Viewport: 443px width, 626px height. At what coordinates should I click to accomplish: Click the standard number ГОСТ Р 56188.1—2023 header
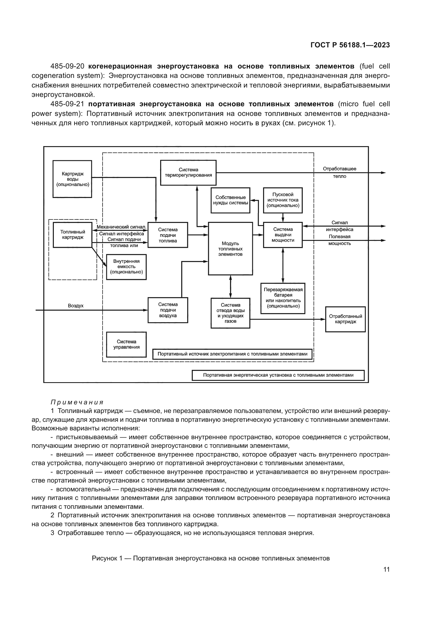coord(350,45)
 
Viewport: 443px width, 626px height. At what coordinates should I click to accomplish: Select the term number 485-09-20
coord(67,66)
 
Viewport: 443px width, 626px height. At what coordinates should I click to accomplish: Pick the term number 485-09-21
coord(67,104)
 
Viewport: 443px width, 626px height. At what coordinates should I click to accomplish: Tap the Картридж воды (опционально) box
coord(72,179)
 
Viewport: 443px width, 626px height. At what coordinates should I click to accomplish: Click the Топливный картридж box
coord(73,235)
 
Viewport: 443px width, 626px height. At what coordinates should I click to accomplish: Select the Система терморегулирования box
coord(188,173)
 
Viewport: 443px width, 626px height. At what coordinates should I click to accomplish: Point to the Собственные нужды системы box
coord(231,200)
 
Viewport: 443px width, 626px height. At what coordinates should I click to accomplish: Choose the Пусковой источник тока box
coord(283,200)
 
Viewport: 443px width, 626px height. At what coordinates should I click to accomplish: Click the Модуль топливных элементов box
coord(231,249)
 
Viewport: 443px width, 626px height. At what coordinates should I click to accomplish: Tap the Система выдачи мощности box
coord(283,235)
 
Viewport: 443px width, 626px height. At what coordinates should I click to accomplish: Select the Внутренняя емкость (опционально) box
coord(126,267)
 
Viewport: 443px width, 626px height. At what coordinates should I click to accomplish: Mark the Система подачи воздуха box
coord(168,310)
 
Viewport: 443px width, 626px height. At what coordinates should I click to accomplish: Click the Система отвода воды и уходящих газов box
coord(231,313)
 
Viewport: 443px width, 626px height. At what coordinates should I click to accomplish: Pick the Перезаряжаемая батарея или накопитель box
coord(283,298)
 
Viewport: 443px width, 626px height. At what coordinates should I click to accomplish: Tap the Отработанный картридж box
coord(345,319)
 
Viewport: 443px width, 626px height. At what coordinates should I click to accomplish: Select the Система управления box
coord(126,344)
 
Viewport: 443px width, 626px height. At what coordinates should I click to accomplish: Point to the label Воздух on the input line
coord(76,306)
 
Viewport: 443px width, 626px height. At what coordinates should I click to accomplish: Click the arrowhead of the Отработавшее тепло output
coord(384,173)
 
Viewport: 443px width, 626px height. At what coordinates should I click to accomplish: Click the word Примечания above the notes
coord(77,403)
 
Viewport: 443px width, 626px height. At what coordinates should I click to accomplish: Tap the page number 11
coord(386,570)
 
